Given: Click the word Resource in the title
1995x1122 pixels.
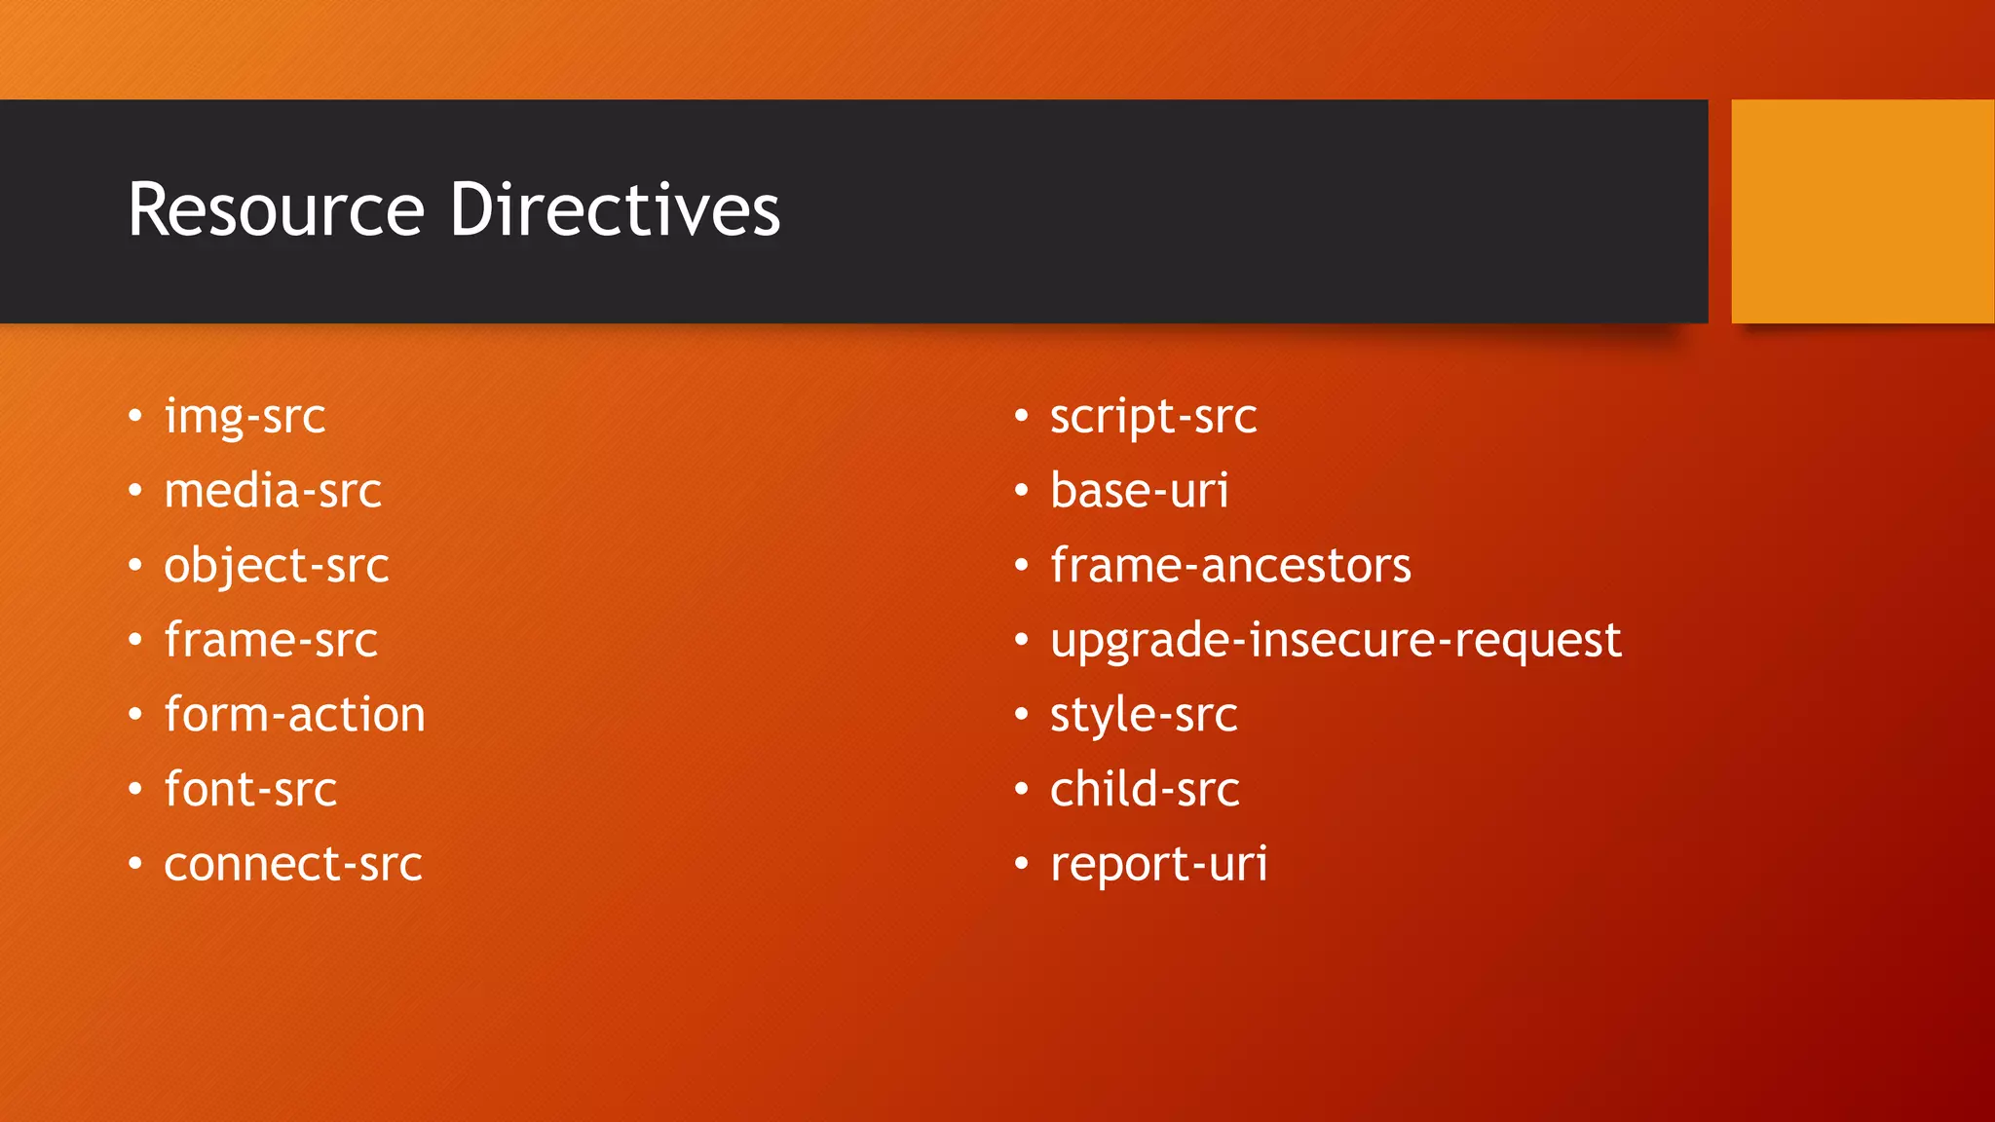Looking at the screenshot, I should click(277, 210).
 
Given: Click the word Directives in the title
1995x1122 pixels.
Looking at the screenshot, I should click(615, 210).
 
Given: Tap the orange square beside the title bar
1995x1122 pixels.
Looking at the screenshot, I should click(1862, 211).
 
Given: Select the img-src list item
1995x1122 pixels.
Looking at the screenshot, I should click(245, 417).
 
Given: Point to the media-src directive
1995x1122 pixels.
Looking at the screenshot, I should click(273, 491).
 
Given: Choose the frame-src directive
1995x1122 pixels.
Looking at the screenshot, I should click(271, 641).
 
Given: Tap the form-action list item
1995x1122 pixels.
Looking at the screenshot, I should click(294, 715).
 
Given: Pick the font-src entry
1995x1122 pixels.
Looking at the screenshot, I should click(250, 790).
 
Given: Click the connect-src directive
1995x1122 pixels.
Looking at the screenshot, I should click(293, 865).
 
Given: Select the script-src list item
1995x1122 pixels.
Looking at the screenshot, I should click(1153, 417).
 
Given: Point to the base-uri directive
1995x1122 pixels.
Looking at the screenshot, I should click(1140, 491).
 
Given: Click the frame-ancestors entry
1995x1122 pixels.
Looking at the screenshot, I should click(1230, 566).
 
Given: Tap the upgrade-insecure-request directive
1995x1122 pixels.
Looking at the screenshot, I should click(1336, 641).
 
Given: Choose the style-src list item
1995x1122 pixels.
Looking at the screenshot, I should click(1144, 716).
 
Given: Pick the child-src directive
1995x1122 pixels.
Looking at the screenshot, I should click(1145, 790).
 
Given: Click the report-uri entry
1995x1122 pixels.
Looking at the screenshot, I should click(1159, 865).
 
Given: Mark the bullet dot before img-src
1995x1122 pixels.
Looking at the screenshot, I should click(135, 417).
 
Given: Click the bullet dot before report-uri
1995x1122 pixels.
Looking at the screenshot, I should click(1021, 864).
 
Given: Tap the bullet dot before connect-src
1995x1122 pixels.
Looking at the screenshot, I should click(135, 864).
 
